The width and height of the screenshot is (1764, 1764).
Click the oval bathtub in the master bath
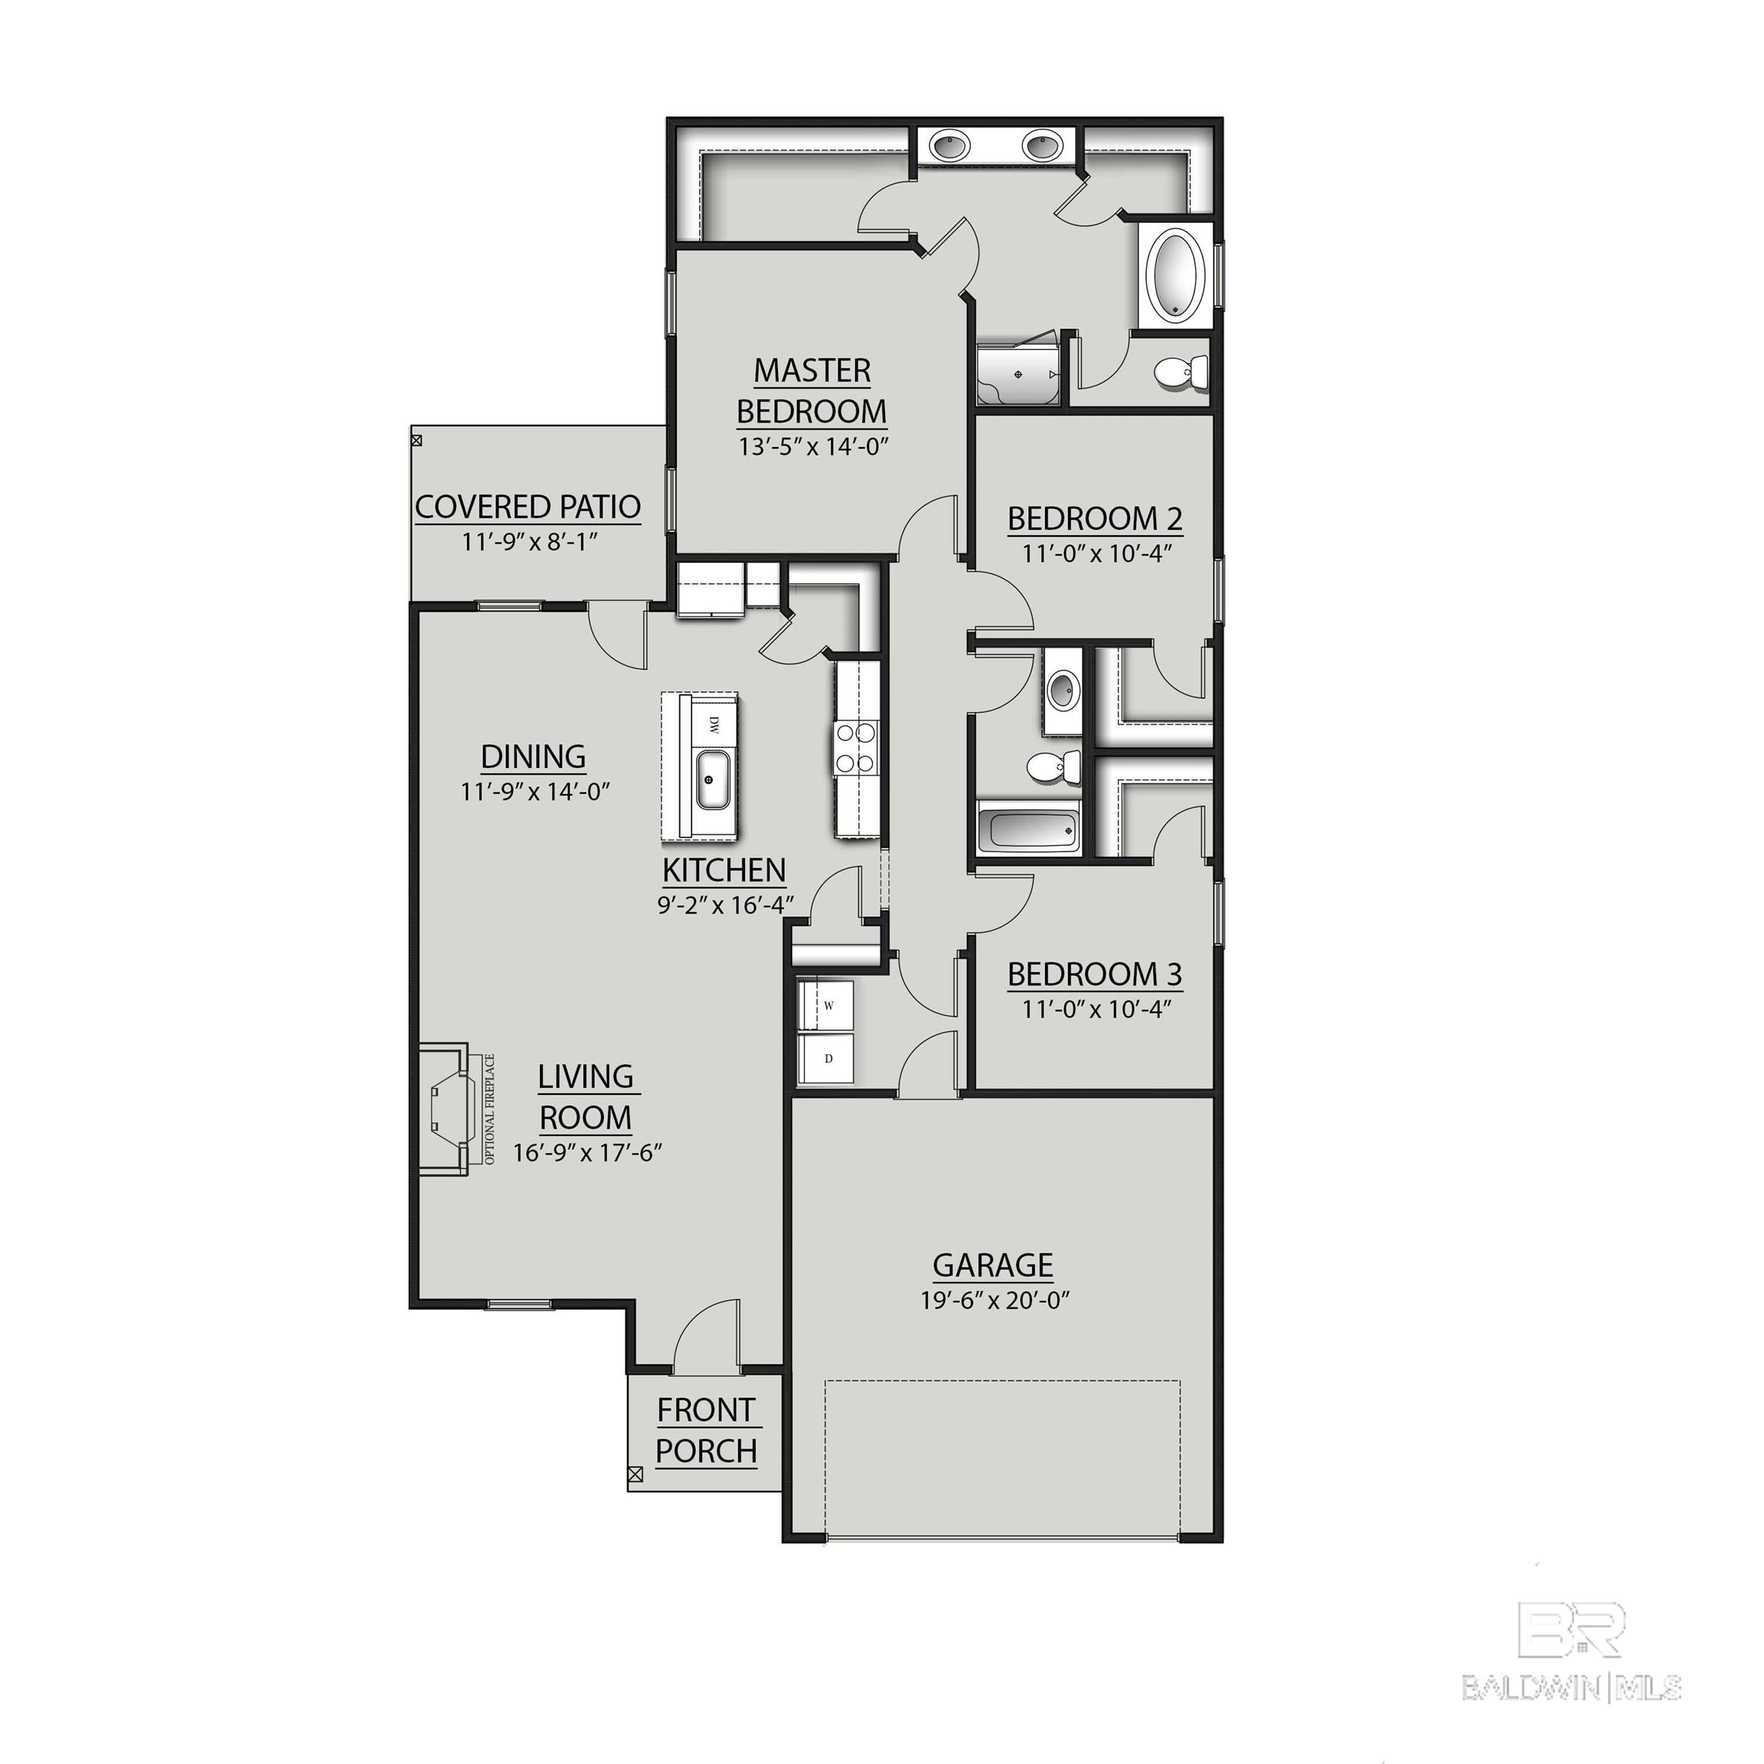pyautogui.click(x=1174, y=275)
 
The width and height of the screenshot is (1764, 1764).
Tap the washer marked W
pyautogui.click(x=825, y=1005)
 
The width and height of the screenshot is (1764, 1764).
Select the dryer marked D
pyautogui.click(x=825, y=1059)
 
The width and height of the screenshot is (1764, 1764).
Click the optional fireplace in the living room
pyautogui.click(x=449, y=1109)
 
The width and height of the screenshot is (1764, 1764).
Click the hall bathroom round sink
pyautogui.click(x=1062, y=689)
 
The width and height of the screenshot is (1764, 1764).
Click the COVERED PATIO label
pyautogui.click(x=528, y=506)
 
